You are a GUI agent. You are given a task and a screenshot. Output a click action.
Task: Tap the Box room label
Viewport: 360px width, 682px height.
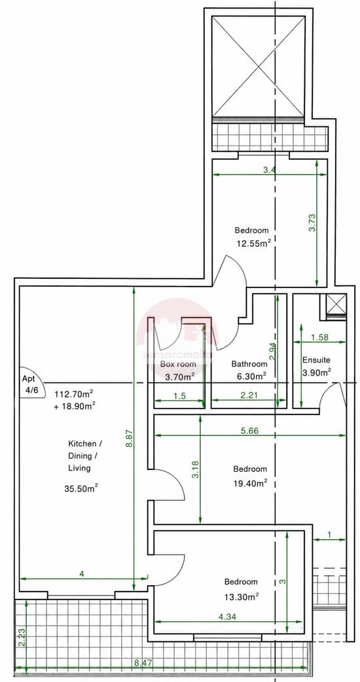coord(178,364)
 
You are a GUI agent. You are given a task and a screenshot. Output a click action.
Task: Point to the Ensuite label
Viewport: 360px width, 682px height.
coord(316,360)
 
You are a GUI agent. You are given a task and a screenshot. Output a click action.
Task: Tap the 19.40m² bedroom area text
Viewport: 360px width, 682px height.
coord(249,483)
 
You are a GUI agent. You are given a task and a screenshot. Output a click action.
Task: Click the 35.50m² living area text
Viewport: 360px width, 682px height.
coord(81,488)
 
